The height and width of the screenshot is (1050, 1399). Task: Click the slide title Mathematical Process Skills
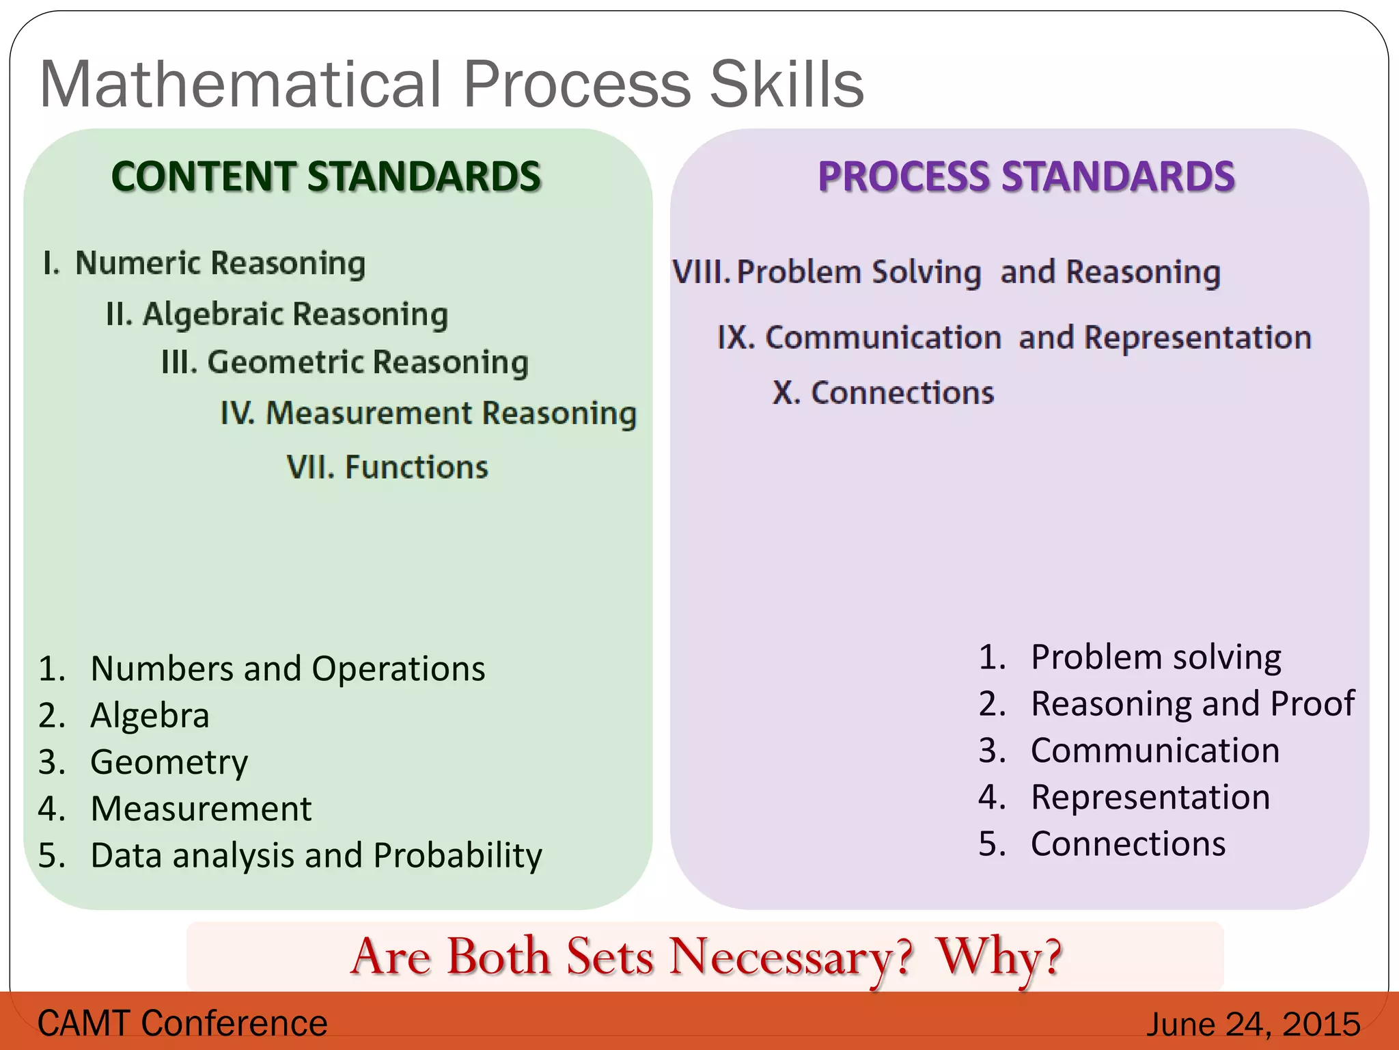(x=451, y=85)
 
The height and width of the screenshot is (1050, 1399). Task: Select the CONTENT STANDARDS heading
(x=326, y=176)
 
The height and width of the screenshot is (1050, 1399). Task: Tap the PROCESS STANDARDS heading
(x=1026, y=176)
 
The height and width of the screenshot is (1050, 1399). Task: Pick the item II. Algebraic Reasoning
(x=277, y=315)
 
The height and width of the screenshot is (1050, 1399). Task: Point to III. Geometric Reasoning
(x=344, y=363)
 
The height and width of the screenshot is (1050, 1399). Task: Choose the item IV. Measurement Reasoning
(x=428, y=414)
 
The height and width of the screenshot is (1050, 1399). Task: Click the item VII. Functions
(x=387, y=468)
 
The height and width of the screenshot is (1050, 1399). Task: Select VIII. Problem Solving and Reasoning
(x=946, y=273)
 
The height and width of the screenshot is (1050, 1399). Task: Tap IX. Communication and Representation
(x=1014, y=338)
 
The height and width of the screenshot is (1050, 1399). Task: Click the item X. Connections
(x=883, y=393)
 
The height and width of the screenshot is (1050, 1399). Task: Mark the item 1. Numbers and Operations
(x=262, y=669)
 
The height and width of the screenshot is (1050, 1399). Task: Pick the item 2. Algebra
(x=124, y=716)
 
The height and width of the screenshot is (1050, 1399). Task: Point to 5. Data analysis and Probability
(x=290, y=855)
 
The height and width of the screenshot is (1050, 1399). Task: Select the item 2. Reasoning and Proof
(x=1166, y=704)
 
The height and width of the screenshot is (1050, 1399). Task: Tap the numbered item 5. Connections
(x=1101, y=844)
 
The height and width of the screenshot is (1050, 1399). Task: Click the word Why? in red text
(x=998, y=956)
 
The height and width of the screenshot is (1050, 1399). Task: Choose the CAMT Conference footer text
(x=182, y=1023)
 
